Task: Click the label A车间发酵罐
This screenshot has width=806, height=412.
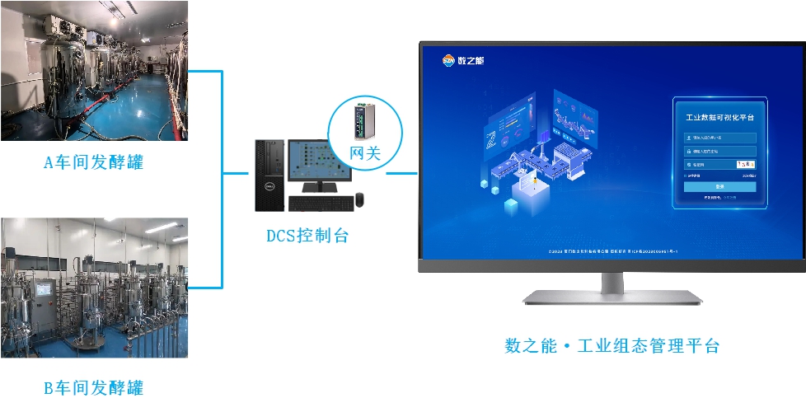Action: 93,162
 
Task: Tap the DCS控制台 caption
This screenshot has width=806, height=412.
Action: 307,236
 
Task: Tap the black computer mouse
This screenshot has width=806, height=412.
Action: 359,200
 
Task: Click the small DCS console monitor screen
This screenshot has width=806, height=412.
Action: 315,160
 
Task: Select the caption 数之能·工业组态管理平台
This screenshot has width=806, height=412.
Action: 612,345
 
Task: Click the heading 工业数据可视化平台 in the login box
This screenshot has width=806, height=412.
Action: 719,118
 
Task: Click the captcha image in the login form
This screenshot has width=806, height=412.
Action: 745,165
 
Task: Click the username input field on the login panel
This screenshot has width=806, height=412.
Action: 719,138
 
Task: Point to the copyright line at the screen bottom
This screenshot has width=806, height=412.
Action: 612,250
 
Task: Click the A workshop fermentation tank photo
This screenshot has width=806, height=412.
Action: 93,70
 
